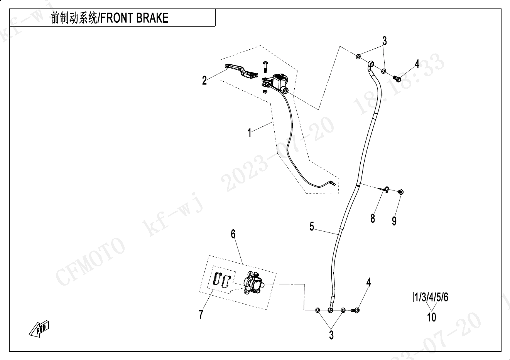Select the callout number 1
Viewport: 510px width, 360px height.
click(250, 133)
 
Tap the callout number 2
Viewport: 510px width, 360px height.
click(204, 81)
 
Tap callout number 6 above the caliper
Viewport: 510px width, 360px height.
click(233, 234)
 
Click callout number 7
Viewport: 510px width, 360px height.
click(201, 315)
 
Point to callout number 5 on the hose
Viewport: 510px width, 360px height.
click(312, 227)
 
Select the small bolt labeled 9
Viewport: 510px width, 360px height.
click(400, 192)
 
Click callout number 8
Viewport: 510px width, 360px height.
click(373, 219)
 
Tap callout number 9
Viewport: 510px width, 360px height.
click(394, 221)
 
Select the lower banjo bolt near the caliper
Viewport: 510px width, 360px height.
click(355, 310)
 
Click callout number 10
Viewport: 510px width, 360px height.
click(432, 317)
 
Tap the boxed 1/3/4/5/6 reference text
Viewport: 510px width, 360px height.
click(432, 298)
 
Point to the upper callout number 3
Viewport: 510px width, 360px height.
click(384, 40)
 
